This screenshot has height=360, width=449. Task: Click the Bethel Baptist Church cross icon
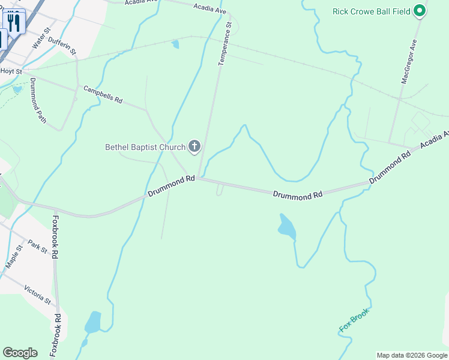pos(194,146)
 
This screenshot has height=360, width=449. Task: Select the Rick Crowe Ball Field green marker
pos(420,11)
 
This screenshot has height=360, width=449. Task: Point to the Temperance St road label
pos(224,43)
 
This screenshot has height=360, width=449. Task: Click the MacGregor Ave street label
pos(409,62)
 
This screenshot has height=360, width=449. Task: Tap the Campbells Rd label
pos(103,94)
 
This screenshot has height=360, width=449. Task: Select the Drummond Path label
pos(38,100)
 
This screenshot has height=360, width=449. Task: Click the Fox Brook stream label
pos(354,320)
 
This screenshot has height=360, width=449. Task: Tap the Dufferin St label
pos(62,43)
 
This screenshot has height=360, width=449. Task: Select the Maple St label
pos(13,256)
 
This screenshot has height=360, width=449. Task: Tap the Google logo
pos(20,353)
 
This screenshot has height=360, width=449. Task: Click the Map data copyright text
pos(412,355)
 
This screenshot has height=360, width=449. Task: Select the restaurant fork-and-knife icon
pos(14,23)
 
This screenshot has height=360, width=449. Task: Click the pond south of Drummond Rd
pos(286,226)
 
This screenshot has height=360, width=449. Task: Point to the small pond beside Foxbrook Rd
pos(92,322)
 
